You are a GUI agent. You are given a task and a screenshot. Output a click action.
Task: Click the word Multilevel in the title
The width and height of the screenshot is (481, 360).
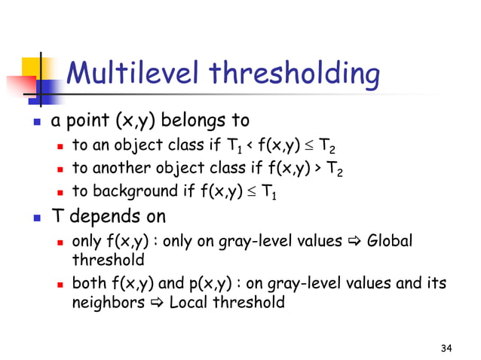pos(133,75)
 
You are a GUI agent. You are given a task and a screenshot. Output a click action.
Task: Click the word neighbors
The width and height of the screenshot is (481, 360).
pos(105,303)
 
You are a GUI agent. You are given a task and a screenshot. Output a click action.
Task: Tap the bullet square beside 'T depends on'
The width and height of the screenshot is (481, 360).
pos(35,218)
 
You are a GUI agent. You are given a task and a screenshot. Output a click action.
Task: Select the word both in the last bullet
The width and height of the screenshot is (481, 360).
pos(87,284)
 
